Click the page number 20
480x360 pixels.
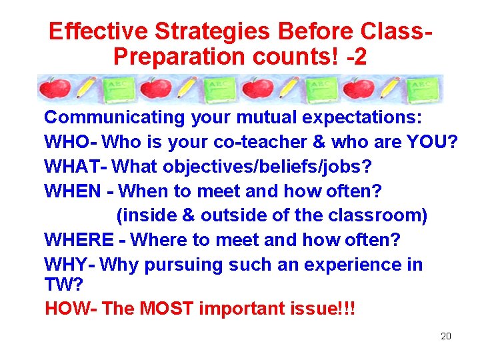tap(446, 336)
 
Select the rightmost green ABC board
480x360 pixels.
tap(423, 89)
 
